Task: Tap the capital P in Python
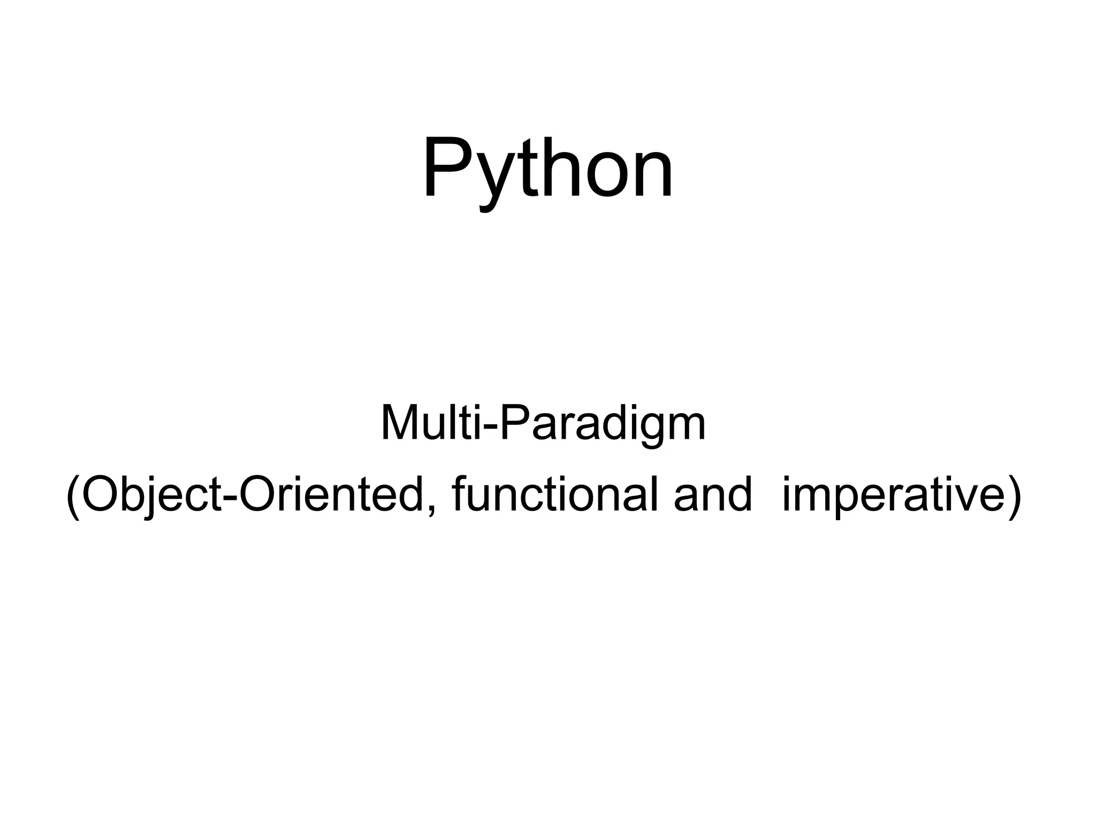pyautogui.click(x=448, y=167)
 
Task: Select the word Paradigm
pyautogui.click(x=603, y=424)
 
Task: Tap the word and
pyautogui.click(x=713, y=495)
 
